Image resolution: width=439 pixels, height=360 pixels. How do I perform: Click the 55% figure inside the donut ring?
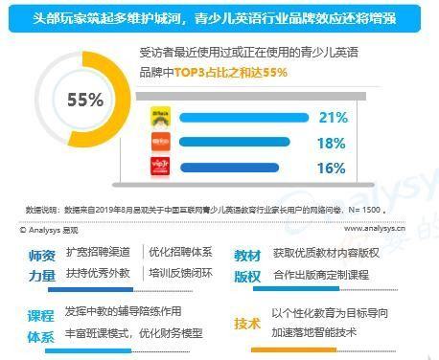[x=84, y=101]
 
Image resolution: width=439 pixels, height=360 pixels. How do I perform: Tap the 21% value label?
[x=332, y=118]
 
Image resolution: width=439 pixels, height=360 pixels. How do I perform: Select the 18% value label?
[x=331, y=143]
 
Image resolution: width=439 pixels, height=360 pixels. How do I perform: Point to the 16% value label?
[x=331, y=168]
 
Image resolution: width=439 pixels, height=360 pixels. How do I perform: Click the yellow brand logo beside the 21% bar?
[x=160, y=119]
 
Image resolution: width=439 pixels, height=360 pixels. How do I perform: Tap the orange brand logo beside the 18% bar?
[x=160, y=144]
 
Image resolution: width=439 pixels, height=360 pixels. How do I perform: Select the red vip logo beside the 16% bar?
[x=160, y=169]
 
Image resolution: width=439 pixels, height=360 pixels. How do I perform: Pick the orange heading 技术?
[x=247, y=324]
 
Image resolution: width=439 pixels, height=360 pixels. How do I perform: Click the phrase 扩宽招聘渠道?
[x=101, y=252]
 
